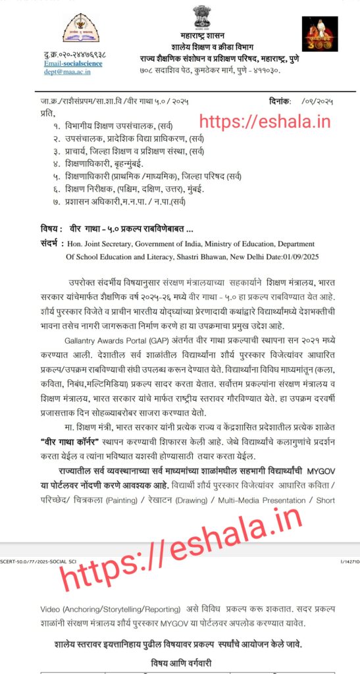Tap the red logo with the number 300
(319, 34)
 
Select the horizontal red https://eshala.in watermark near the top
(264, 121)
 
